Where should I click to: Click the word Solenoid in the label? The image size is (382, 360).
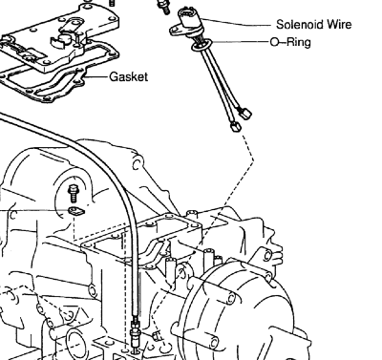point(297,25)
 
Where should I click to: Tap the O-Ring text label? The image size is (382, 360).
point(290,42)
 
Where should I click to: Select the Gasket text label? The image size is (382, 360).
point(129,77)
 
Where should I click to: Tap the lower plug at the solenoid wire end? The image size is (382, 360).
point(236,127)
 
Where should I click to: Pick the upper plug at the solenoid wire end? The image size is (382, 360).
point(246,114)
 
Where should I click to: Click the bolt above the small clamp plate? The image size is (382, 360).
point(73,193)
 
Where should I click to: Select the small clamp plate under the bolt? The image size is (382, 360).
point(76,211)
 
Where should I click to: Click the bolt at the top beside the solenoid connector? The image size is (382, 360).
point(163,7)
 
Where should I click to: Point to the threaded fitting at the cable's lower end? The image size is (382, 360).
point(135,333)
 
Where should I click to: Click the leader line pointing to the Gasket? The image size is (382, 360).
point(96,77)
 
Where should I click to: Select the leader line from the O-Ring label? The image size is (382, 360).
point(241,42)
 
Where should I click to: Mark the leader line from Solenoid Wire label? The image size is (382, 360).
point(236,23)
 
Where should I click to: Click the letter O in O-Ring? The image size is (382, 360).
point(274,42)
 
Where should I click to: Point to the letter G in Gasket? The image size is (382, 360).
point(114,76)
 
